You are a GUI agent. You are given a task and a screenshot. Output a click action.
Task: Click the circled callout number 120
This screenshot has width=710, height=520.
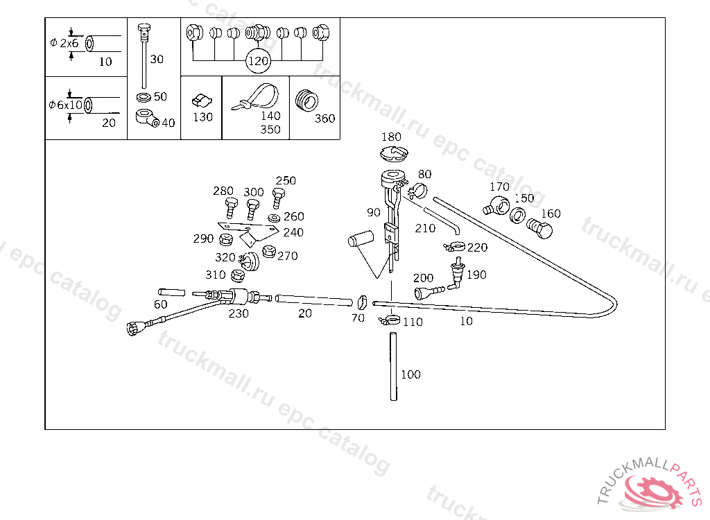[x=258, y=61]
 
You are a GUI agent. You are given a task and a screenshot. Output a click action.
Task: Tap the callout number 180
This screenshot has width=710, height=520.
[x=391, y=137]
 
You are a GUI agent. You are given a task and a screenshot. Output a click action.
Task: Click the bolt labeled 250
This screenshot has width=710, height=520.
[x=277, y=198]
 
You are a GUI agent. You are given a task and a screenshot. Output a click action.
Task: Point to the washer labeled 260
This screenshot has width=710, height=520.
[x=274, y=218]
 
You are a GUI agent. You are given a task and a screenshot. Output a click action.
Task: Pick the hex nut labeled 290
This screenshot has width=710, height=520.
[x=225, y=239]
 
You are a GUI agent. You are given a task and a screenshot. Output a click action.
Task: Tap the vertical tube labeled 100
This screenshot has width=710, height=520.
[x=394, y=367]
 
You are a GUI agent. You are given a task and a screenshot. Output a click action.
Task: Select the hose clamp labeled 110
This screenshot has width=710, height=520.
[x=389, y=320]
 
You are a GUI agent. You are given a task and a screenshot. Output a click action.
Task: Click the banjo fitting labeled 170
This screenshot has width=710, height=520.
[x=496, y=205]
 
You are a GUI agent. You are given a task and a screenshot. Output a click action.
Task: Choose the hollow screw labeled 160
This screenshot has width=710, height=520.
[x=540, y=228]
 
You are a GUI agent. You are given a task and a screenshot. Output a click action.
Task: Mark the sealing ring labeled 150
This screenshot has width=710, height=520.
[x=517, y=215]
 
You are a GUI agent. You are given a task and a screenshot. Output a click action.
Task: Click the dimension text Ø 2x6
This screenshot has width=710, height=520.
[x=64, y=44]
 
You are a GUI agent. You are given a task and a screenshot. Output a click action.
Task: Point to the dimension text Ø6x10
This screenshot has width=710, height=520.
[x=66, y=105]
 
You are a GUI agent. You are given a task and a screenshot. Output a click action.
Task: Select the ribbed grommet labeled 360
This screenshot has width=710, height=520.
[x=306, y=101]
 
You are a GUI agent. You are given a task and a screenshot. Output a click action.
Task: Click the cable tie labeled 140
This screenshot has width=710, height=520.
[x=257, y=97]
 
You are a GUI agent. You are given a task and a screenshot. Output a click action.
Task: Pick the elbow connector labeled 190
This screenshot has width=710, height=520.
[x=456, y=274]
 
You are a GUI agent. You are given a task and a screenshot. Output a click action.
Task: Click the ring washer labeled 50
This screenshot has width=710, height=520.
[x=144, y=97]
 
